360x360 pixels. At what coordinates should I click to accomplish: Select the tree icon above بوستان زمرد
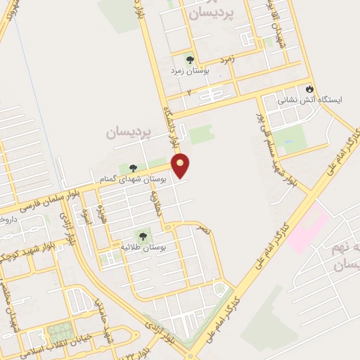pos(188,59)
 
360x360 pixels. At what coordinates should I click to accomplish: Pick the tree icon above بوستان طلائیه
pos(143,237)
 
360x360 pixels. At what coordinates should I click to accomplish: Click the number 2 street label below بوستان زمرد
pos(188,91)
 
